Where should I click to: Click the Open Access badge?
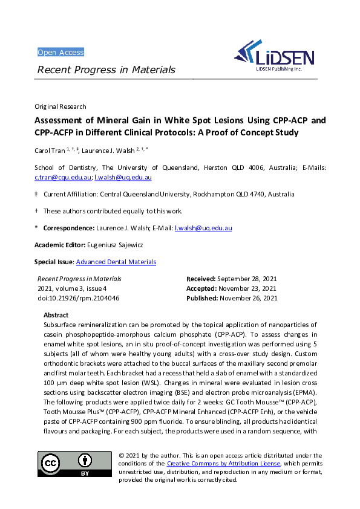(61, 53)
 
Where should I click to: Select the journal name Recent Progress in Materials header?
(106, 70)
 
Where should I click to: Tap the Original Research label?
(61, 106)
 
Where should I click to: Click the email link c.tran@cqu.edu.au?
(63, 178)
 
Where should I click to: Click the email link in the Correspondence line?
(203, 229)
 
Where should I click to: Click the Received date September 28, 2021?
(246, 279)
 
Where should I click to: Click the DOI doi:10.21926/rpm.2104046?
(78, 298)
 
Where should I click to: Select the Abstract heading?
(56, 316)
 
